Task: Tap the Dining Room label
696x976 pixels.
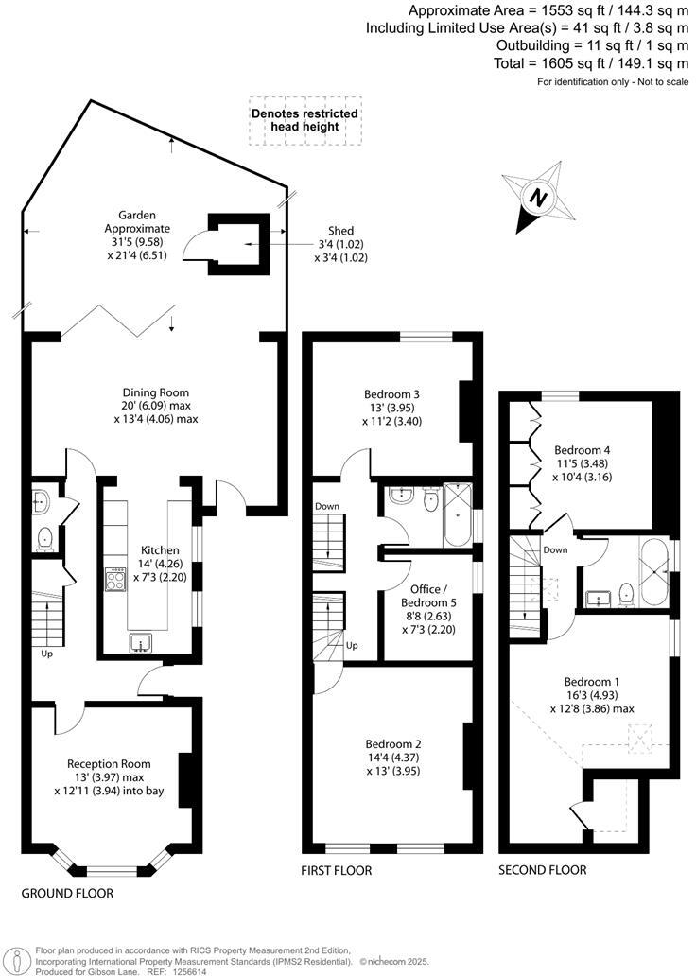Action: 156,393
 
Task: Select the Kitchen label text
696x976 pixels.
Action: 159,550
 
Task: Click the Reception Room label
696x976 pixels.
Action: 109,763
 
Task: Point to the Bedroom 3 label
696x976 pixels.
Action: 391,394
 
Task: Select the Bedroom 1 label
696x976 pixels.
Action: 593,681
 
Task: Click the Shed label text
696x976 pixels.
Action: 340,231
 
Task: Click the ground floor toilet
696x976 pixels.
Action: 43,539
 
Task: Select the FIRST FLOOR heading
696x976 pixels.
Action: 338,870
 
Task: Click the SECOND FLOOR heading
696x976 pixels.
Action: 542,870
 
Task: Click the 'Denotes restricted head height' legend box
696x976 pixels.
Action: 304,120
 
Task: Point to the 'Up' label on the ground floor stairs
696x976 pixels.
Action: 46,654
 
